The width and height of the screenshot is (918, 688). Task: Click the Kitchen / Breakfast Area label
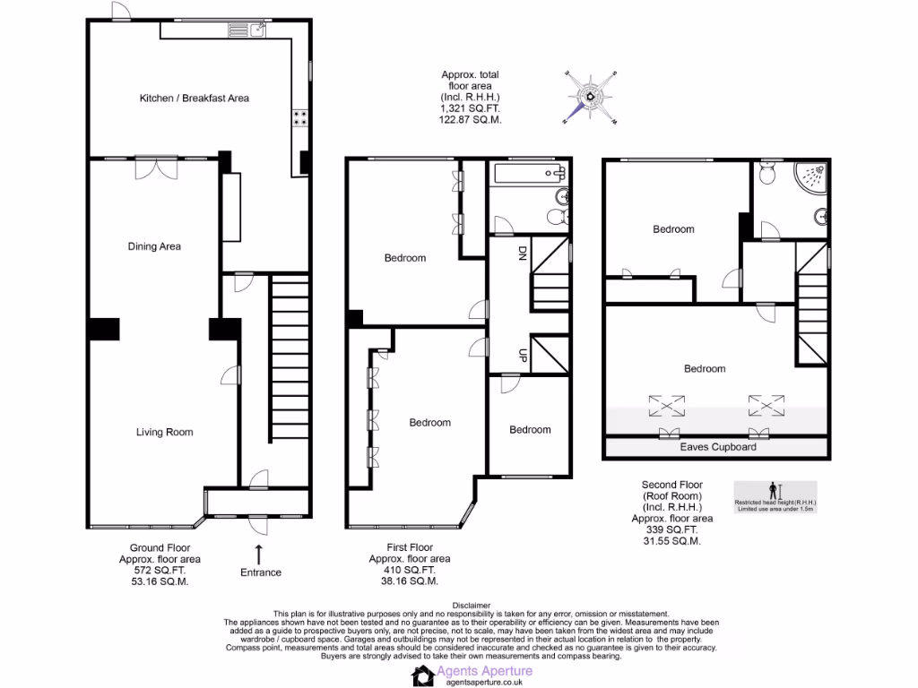[194, 98]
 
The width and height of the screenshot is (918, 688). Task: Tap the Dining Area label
[155, 246]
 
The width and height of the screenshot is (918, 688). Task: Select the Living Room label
[164, 432]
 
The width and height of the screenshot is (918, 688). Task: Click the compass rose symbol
[591, 96]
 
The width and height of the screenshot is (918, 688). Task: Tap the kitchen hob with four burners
[299, 119]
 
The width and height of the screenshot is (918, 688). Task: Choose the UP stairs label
[521, 357]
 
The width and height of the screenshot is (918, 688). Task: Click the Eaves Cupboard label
[717, 446]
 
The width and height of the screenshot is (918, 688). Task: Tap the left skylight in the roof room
[667, 408]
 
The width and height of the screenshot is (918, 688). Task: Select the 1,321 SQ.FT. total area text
[470, 107]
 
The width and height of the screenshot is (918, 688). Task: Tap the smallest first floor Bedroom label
[530, 429]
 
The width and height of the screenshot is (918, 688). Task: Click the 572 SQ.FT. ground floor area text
[160, 570]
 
